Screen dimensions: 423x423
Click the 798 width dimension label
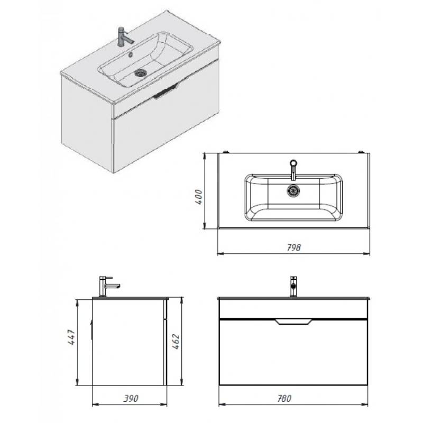click(x=293, y=247)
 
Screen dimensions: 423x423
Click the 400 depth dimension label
click(x=199, y=197)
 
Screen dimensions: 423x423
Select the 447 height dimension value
click(x=71, y=337)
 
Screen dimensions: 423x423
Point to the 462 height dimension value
click(x=176, y=342)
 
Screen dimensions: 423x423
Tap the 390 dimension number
click(x=131, y=399)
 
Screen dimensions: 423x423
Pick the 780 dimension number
click(x=284, y=399)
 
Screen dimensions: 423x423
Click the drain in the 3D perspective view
click(x=141, y=72)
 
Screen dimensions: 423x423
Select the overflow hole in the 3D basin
click(x=131, y=54)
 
